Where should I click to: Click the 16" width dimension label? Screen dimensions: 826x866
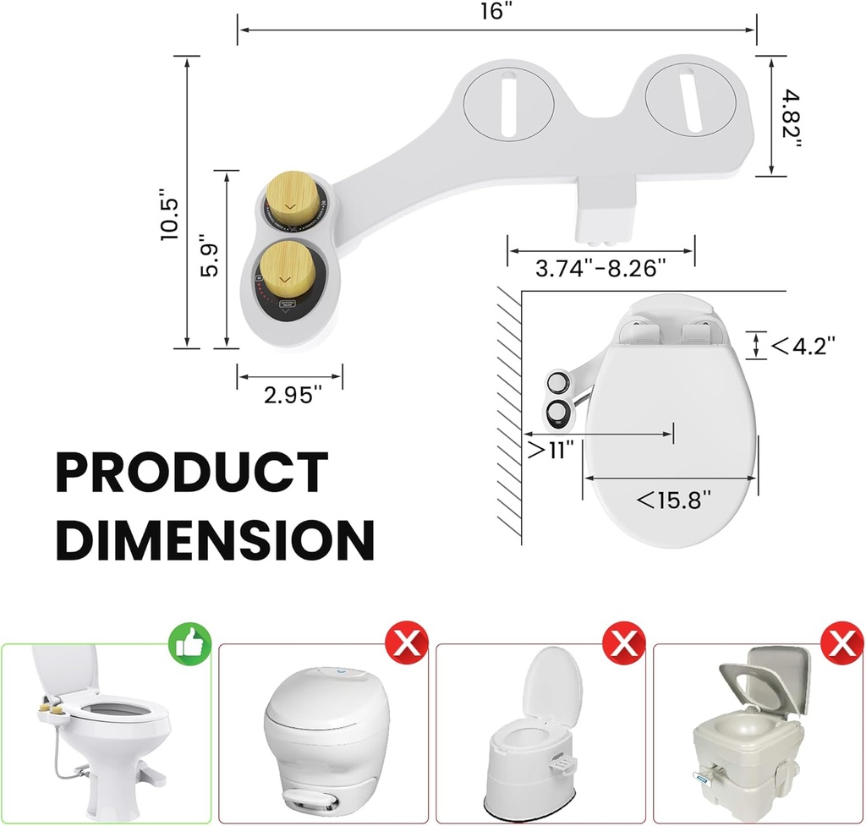(496, 12)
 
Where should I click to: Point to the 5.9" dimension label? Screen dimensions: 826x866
(211, 260)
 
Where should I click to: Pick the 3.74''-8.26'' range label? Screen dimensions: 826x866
(601, 269)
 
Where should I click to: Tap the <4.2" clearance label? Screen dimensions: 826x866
(803, 344)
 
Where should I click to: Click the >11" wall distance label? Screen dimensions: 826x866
(551, 449)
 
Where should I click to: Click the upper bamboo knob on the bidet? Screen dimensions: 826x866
(292, 201)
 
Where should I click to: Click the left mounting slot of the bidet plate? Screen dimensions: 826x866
(509, 105)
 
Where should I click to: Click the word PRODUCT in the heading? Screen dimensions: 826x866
(191, 473)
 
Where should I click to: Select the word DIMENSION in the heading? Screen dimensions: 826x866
(215, 539)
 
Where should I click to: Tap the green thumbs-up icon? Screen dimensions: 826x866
(190, 645)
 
